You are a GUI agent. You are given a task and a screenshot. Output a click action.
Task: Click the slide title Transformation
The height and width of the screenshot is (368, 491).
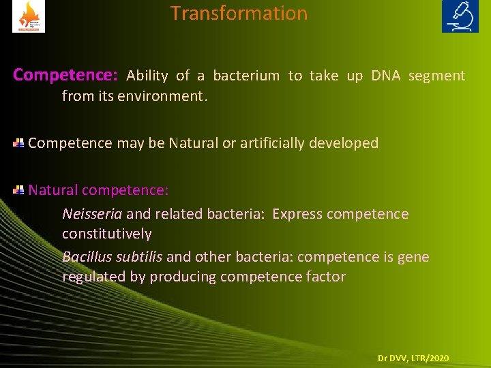239,14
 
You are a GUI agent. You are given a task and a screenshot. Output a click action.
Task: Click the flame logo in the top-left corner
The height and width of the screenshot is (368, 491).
29,16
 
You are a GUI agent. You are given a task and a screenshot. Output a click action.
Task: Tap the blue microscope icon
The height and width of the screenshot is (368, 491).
460,16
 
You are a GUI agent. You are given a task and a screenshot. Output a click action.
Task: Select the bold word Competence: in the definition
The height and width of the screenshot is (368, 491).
66,75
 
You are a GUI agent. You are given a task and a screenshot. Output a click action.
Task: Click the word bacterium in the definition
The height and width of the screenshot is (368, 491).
246,76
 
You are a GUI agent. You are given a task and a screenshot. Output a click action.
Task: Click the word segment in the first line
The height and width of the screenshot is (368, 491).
436,76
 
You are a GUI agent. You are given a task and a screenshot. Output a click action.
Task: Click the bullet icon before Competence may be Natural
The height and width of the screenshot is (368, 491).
19,142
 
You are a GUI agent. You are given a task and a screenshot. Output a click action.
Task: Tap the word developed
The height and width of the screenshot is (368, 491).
346,143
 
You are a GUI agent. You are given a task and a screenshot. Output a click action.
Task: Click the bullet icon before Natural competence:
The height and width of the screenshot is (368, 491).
19,190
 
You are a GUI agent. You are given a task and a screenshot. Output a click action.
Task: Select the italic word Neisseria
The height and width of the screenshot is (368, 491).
92,214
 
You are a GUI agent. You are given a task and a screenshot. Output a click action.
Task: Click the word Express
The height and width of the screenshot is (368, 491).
297,214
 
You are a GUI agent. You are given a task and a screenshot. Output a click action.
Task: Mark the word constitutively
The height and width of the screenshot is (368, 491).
106,234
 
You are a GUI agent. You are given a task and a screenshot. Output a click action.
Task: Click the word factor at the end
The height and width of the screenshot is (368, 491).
327,277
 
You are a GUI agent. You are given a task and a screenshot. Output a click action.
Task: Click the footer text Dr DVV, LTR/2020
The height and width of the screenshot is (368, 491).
413,358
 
